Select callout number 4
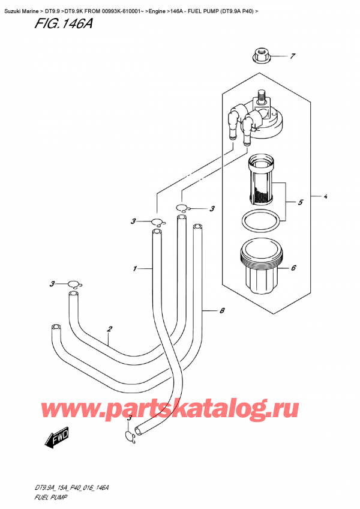(325, 196)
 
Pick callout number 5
(301, 202)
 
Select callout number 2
(109, 329)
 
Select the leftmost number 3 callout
(52, 284)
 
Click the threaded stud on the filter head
(261, 96)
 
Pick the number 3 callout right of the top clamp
(212, 209)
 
